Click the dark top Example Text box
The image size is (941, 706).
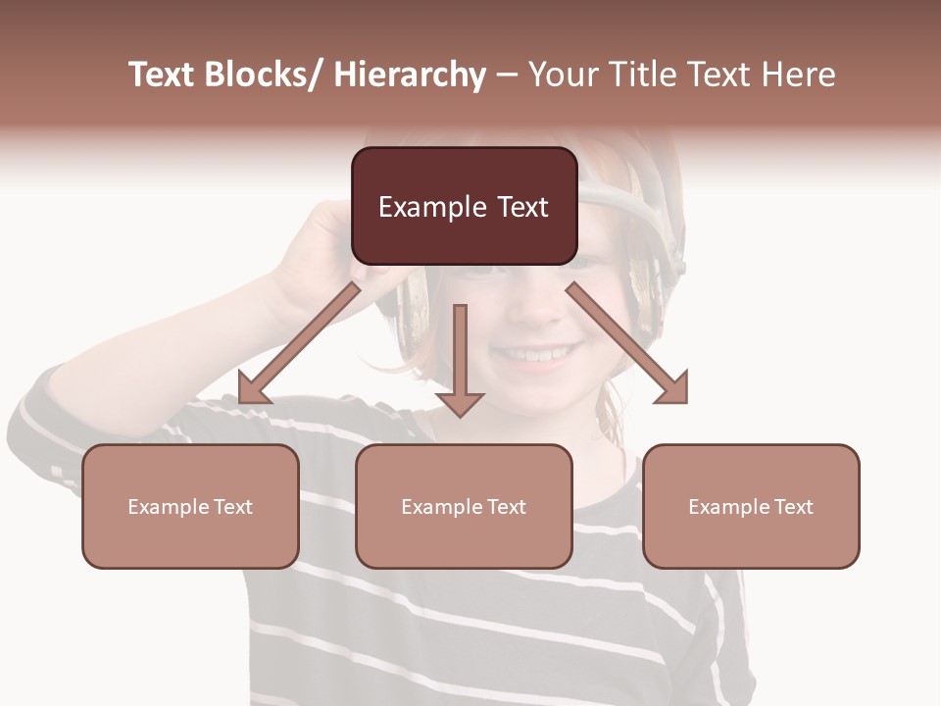click(x=464, y=206)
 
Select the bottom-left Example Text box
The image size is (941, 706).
click(x=190, y=506)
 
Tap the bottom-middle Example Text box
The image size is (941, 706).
click(x=464, y=506)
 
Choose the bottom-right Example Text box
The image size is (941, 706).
click(x=751, y=506)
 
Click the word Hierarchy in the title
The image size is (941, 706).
click(x=409, y=75)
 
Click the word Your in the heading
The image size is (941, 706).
click(x=563, y=75)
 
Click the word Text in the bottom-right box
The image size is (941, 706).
click(x=793, y=506)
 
